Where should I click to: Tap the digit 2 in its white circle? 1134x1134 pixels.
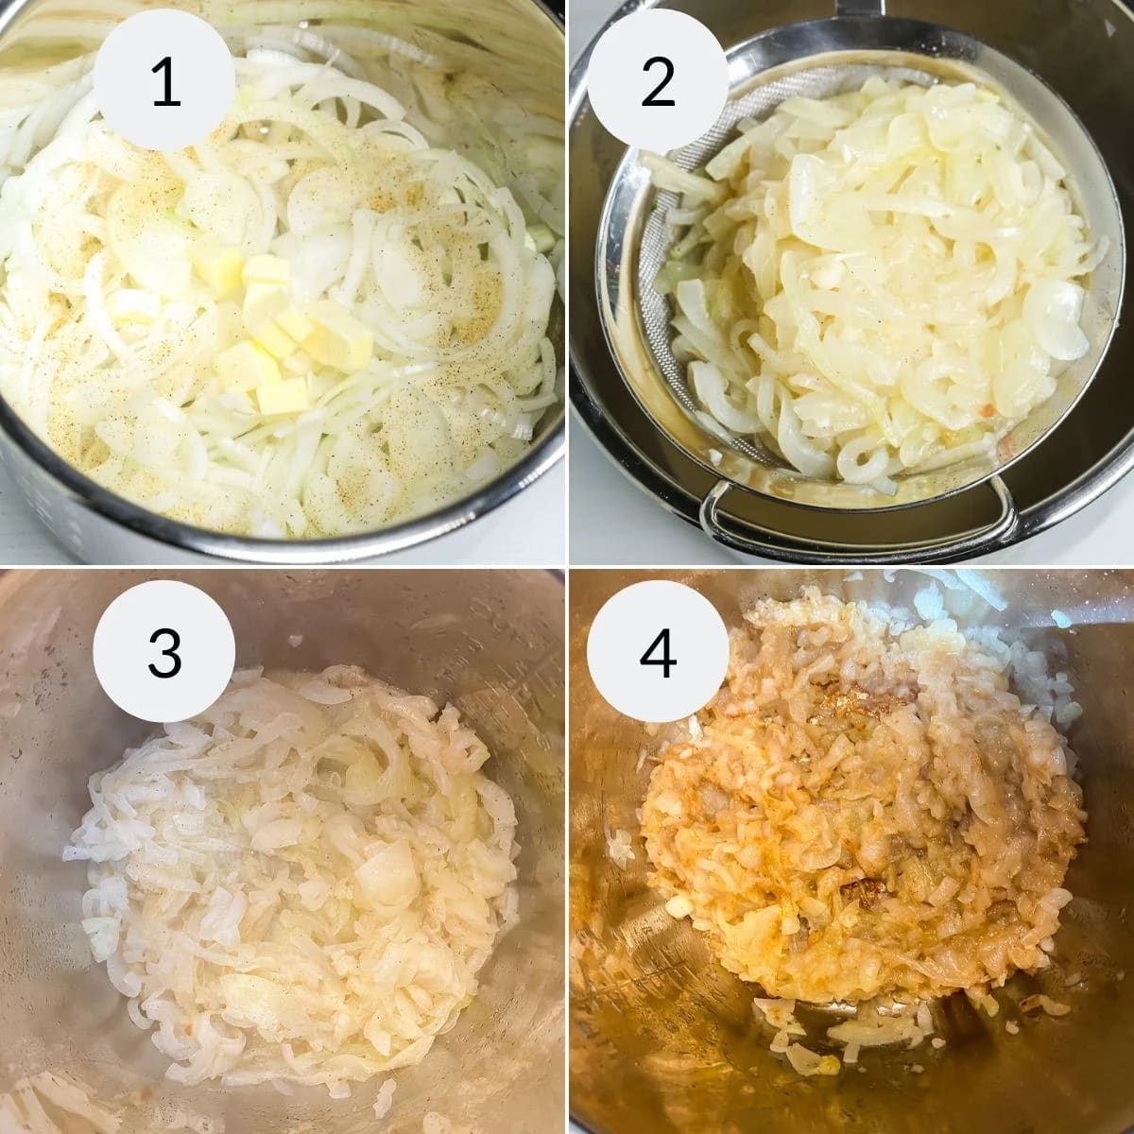[657, 83]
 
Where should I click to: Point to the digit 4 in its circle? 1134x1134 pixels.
[657, 653]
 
